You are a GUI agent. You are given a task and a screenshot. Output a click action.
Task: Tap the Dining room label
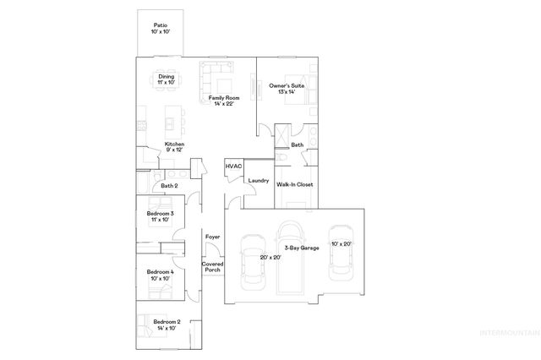click(166, 79)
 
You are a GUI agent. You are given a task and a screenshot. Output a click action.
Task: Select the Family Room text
click(225, 101)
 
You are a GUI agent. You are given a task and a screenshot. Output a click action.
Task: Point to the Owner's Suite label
click(286, 88)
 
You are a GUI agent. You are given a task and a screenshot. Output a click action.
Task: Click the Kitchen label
click(174, 147)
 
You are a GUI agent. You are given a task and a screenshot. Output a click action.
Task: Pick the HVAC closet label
click(233, 166)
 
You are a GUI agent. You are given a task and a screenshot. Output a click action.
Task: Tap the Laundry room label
click(258, 180)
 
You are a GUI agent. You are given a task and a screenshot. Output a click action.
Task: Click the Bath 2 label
click(169, 185)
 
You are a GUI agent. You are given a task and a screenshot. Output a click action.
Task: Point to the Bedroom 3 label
click(160, 216)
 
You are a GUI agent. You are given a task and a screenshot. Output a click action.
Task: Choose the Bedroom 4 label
click(160, 275)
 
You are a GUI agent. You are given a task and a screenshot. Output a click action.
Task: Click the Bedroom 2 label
click(167, 325)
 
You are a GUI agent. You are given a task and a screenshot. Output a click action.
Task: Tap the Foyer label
click(212, 237)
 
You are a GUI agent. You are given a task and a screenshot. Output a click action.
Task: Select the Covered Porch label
click(211, 267)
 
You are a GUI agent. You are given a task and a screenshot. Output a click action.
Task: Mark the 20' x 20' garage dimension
click(270, 256)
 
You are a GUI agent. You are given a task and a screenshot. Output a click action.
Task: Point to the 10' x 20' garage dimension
click(342, 243)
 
